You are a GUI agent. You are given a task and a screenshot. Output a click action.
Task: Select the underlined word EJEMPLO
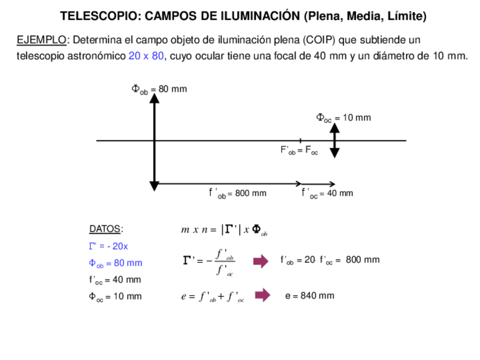41,40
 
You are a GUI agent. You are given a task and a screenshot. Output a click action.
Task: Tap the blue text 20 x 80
146,56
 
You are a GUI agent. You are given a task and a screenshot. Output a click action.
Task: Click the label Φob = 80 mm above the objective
159,89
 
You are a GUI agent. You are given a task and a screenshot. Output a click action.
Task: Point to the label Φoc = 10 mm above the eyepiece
343,118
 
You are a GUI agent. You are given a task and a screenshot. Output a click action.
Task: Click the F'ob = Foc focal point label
299,151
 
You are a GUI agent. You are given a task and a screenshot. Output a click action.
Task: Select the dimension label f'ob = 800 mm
238,194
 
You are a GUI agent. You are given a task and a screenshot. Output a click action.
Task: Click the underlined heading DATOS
105,229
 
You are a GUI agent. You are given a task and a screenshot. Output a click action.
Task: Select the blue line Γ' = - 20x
109,246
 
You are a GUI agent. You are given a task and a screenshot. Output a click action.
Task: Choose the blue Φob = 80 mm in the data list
115,263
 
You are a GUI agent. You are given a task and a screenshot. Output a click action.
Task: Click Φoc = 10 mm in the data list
115,297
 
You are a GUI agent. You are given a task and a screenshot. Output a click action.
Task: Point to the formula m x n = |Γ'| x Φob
224,230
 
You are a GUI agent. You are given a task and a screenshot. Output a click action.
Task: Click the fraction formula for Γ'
209,262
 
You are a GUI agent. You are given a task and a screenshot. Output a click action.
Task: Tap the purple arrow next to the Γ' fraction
260,261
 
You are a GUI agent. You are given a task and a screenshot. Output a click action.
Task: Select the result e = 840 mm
310,295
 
